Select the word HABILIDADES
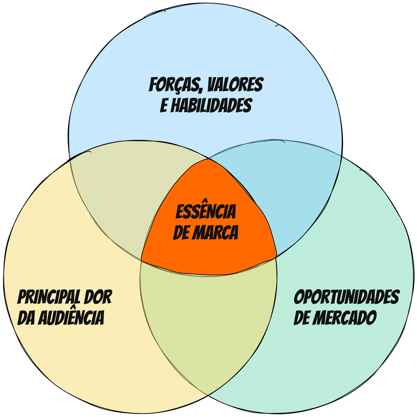[212, 105]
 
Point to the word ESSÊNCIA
[206, 212]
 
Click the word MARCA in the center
[215, 233]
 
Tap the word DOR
[98, 297]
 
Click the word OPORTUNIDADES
[346, 297]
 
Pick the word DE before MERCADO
[301, 317]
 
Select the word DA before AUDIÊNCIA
[26, 317]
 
